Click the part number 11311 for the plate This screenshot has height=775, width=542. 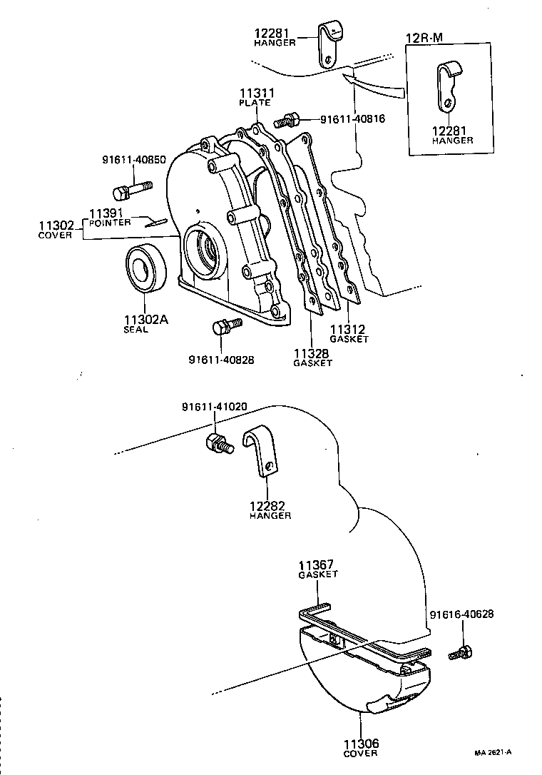(255, 93)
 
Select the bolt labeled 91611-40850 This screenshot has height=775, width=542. (131, 191)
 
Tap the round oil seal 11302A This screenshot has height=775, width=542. (146, 268)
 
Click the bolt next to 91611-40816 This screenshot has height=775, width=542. (289, 119)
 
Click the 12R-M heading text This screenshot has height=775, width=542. (424, 37)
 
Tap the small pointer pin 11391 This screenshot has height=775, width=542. (155, 222)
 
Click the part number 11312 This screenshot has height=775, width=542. (348, 329)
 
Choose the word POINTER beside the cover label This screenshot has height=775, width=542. (110, 222)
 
